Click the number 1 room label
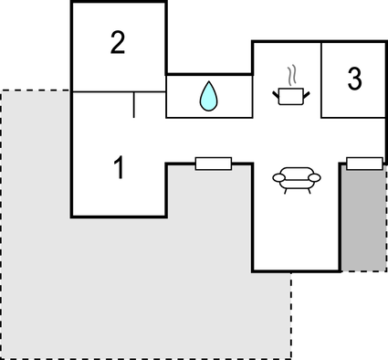[x=118, y=167]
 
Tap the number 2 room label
[x=117, y=43]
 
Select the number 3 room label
[x=354, y=79]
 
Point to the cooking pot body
[x=293, y=93]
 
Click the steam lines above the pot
[x=292, y=73]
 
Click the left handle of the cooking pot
[x=278, y=90]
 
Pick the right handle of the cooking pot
[x=309, y=90]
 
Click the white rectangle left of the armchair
[x=214, y=164]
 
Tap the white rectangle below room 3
[x=364, y=164]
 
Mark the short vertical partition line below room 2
[x=134, y=105]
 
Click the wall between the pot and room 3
[x=321, y=79]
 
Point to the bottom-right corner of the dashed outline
[x=291, y=357]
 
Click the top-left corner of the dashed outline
[x=2, y=90]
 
